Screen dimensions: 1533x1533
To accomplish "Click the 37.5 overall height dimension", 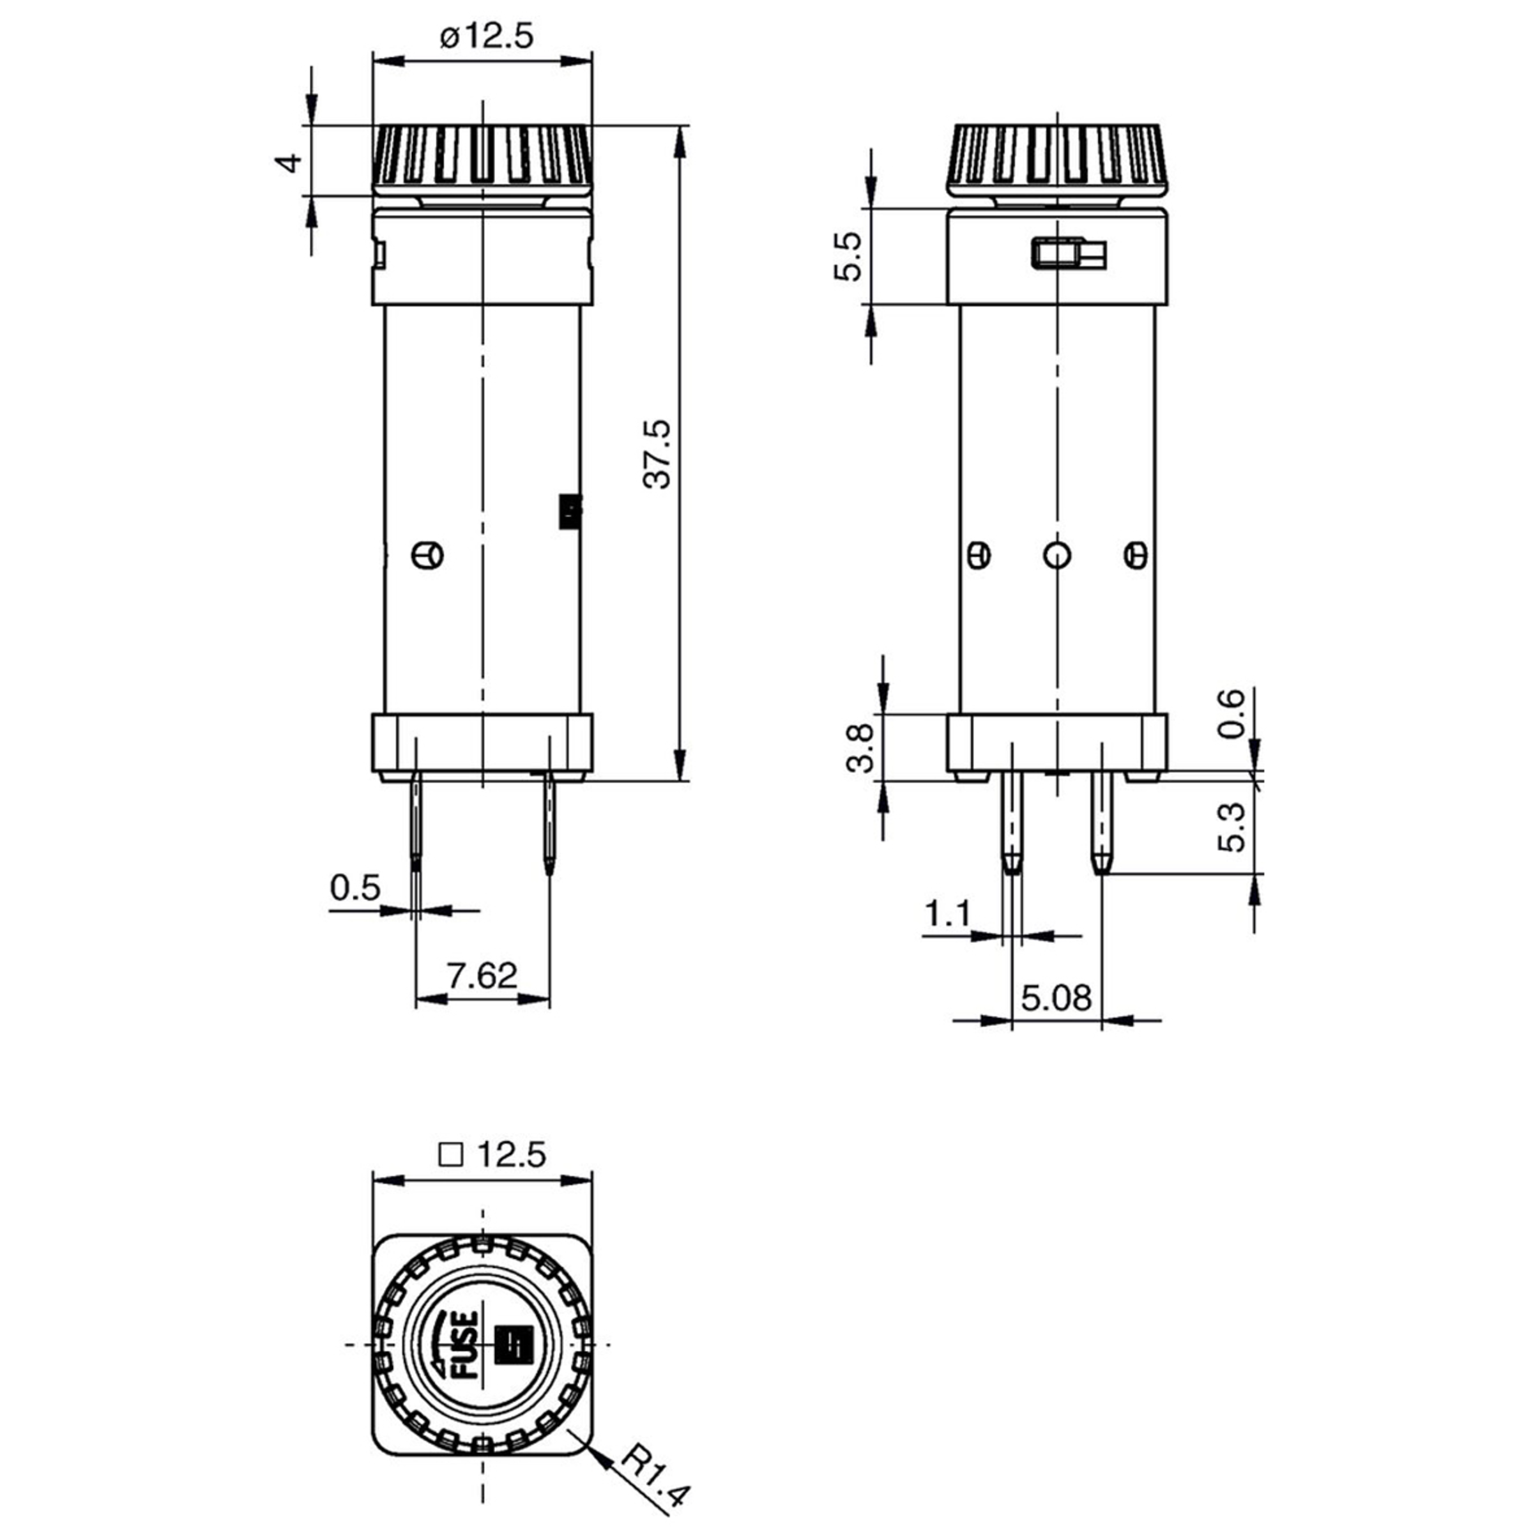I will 657,454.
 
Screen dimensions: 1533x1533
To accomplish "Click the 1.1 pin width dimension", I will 947,914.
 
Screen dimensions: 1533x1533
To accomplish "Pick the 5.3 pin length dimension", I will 1232,827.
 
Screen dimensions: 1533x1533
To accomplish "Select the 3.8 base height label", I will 860,747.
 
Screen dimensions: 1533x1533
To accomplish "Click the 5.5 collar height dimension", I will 848,256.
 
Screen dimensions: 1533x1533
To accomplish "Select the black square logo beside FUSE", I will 512,1345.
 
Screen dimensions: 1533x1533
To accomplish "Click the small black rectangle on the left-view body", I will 570,512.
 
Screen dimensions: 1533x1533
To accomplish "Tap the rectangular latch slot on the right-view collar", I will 1068,254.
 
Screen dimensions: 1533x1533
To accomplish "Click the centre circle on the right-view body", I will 1057,554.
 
